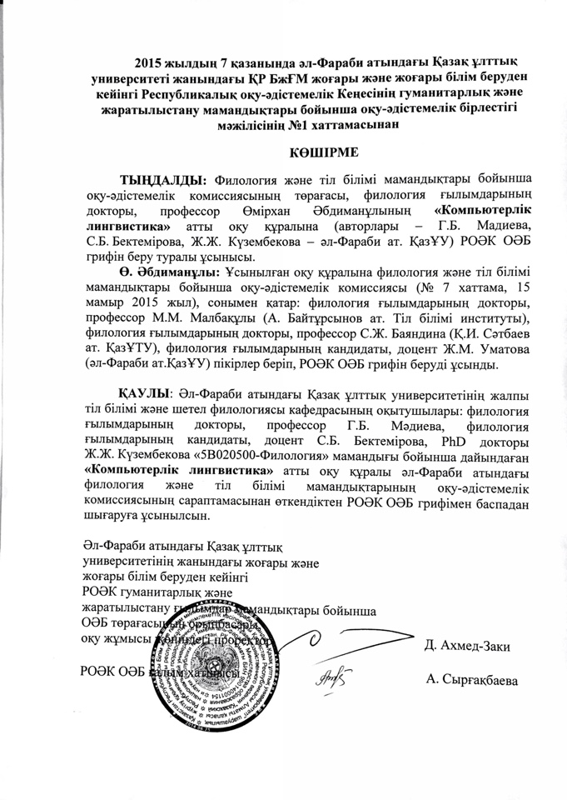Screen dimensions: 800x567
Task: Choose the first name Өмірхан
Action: point(256,210)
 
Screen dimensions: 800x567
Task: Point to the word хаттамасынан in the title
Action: point(345,125)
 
